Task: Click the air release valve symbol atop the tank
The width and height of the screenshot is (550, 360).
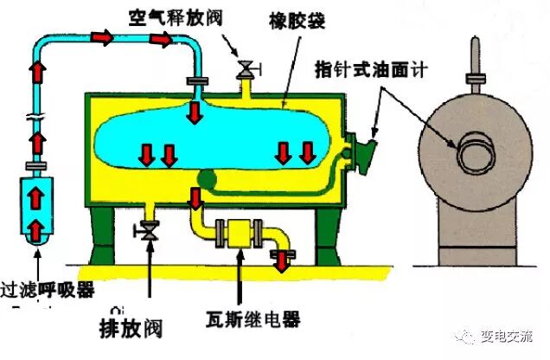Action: pyautogui.click(x=246, y=67)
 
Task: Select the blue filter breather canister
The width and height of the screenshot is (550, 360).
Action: pyautogui.click(x=36, y=210)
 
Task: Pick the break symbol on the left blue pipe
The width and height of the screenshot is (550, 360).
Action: pyautogui.click(x=35, y=118)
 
